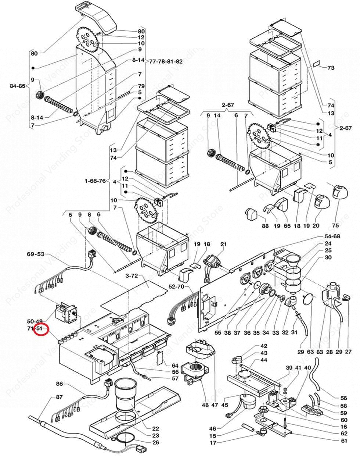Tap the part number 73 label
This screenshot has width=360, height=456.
click(331, 68)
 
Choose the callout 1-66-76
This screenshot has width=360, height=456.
click(95, 181)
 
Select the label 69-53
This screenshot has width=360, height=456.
click(36, 254)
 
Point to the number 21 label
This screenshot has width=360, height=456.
click(224, 244)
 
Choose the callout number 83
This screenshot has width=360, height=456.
click(320, 352)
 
